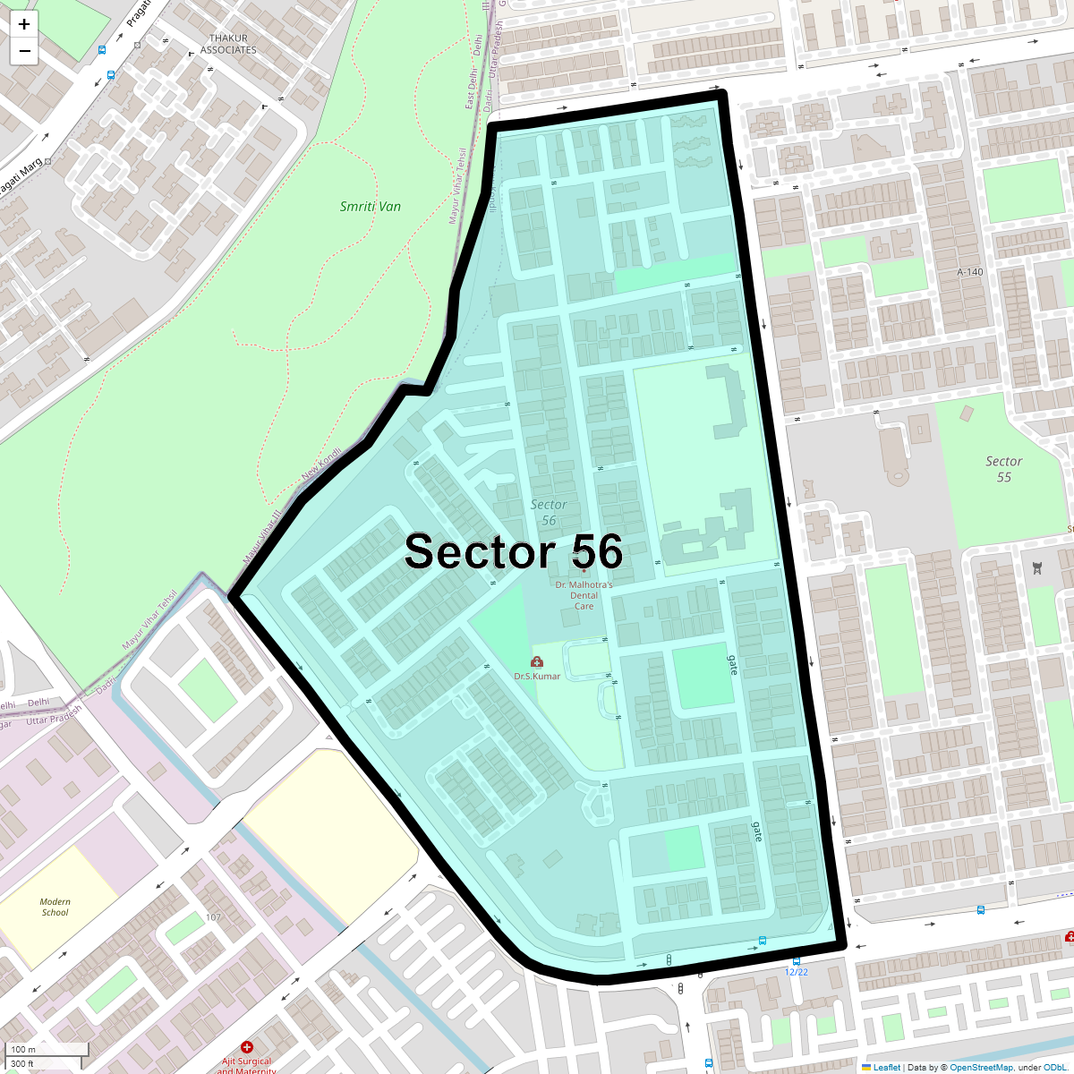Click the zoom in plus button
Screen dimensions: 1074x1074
(x=24, y=24)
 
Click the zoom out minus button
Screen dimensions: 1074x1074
(x=24, y=51)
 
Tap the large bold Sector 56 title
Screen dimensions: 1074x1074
(x=513, y=551)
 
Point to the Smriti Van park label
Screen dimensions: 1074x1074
(x=370, y=207)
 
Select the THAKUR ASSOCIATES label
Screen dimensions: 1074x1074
(x=228, y=44)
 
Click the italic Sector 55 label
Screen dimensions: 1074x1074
(x=1003, y=469)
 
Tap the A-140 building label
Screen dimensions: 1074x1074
(x=969, y=272)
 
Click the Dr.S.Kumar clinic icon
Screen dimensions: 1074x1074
(x=536, y=662)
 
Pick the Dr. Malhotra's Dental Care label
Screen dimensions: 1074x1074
(x=584, y=595)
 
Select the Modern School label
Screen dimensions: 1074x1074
(x=55, y=907)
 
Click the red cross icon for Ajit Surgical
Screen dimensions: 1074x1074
(x=247, y=1047)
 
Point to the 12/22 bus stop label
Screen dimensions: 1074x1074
(x=796, y=972)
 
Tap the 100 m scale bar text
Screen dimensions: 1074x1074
(x=24, y=1049)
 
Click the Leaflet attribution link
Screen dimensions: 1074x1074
(x=886, y=1067)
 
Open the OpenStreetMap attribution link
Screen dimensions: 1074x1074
(x=981, y=1067)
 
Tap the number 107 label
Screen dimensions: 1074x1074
(x=213, y=917)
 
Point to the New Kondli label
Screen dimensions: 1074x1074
(x=321, y=463)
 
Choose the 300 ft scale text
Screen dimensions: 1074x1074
(x=22, y=1064)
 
